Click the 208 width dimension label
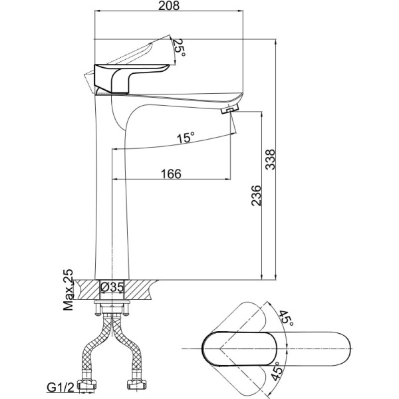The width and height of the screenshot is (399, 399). click(169, 5)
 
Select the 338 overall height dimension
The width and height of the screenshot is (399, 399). click(270, 160)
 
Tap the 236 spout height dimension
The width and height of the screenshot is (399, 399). click(256, 196)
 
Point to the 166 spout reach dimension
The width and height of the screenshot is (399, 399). click(171, 174)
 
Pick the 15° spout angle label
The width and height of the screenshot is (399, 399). click(186, 138)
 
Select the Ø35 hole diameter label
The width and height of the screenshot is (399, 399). click(112, 287)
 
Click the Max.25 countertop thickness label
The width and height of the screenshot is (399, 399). click(68, 289)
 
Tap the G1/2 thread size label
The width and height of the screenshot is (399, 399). click(61, 388)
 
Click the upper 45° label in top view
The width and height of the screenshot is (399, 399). click(286, 318)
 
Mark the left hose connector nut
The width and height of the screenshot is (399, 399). click(88, 384)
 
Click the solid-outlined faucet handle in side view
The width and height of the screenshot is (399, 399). click(132, 78)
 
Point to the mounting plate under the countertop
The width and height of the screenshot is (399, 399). click(112, 303)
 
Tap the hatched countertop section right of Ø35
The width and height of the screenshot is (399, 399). click(141, 289)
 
